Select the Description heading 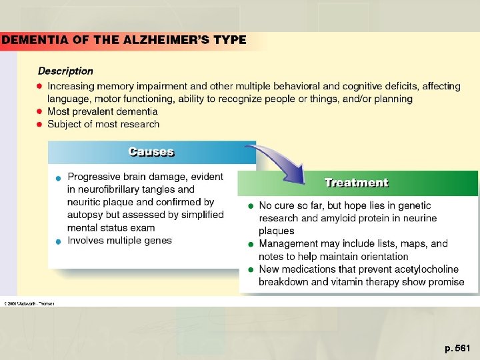coord(65,71)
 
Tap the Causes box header coord(151,152)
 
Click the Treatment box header coord(356,182)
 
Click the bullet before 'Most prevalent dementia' coord(40,111)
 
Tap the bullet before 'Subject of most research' coord(40,124)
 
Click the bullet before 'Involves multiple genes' coord(59,241)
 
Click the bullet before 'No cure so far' coord(250,206)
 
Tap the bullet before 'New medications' coord(250,269)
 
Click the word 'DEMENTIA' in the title coord(33,39)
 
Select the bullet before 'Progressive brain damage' coord(59,177)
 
